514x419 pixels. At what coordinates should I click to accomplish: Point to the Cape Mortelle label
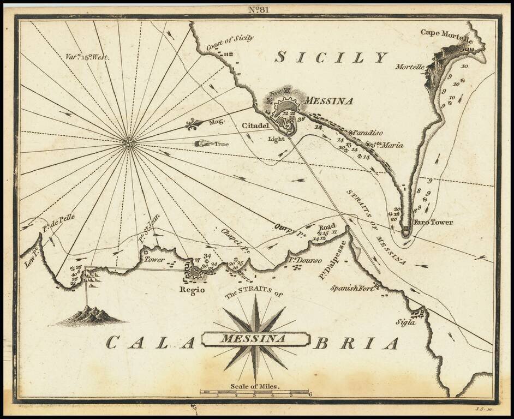click(445, 32)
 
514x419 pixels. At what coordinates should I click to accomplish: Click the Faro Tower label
click(434, 223)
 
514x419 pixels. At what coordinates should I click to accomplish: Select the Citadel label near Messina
click(255, 126)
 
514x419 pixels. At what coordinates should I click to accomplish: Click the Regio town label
click(192, 290)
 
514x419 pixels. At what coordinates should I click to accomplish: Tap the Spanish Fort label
click(352, 288)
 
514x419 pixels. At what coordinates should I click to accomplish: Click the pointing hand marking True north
click(203, 144)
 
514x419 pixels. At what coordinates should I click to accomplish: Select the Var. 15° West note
click(86, 57)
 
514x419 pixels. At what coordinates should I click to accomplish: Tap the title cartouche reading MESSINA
click(254, 339)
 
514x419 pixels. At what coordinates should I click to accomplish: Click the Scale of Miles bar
click(255, 392)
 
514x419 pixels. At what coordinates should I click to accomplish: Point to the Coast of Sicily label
click(230, 44)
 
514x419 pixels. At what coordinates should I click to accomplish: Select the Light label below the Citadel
click(277, 139)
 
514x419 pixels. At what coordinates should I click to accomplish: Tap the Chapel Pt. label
click(235, 241)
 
